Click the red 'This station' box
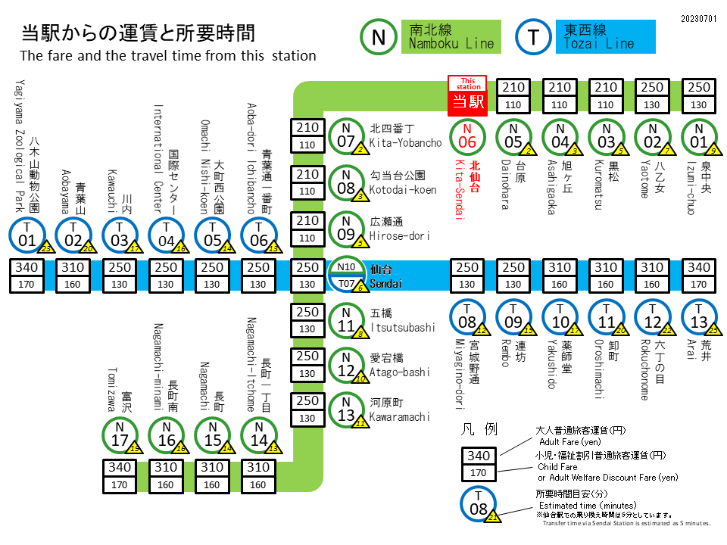click(468, 95)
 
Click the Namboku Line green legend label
click(451, 37)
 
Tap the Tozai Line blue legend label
click(609, 37)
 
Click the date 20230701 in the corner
click(698, 17)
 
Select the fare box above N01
click(700, 96)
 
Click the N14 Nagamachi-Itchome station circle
click(259, 435)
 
